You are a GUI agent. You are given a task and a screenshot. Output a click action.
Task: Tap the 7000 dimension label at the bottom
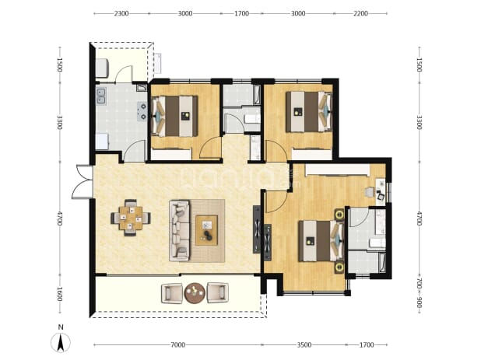pyautogui.click(x=178, y=345)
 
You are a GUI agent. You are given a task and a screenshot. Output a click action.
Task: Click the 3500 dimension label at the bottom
pyautogui.click(x=304, y=345)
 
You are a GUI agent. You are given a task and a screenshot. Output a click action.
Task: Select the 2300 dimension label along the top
pyautogui.click(x=121, y=13)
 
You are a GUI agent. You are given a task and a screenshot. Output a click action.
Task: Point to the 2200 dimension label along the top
pyautogui.click(x=360, y=13)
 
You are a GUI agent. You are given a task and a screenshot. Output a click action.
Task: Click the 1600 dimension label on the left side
pyautogui.click(x=60, y=294)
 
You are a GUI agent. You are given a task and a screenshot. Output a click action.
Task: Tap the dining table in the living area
pyautogui.click(x=131, y=218)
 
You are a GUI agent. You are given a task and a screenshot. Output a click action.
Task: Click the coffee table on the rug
pyautogui.click(x=207, y=230)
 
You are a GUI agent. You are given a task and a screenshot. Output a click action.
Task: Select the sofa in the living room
pyautogui.click(x=180, y=230)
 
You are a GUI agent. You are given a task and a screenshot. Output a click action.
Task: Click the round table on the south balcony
pyautogui.click(x=195, y=293)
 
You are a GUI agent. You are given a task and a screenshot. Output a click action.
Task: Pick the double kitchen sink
pyautogui.click(x=101, y=96)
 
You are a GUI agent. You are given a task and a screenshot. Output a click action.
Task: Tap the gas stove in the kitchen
pyautogui.click(x=142, y=111)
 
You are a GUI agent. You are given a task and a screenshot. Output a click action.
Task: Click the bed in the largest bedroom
pyautogui.click(x=321, y=241)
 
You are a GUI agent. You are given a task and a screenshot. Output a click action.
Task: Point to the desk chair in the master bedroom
pyautogui.click(x=369, y=192)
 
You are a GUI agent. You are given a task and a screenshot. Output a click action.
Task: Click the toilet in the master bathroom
pyautogui.click(x=377, y=243)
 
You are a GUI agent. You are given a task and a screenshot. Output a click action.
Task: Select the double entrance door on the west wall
pyautogui.click(x=83, y=182)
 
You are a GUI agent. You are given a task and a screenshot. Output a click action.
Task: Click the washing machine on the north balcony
pyautogui.click(x=102, y=68)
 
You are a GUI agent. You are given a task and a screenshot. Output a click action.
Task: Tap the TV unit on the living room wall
pyautogui.click(x=257, y=229)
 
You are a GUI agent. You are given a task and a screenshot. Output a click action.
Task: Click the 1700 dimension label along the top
pyautogui.click(x=241, y=13)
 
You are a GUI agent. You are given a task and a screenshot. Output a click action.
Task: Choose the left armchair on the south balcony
pyautogui.click(x=171, y=293)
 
